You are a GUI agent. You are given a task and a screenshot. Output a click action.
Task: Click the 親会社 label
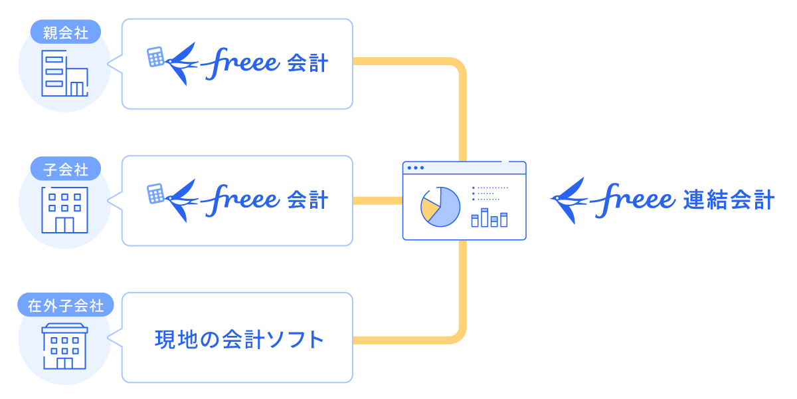[65, 32]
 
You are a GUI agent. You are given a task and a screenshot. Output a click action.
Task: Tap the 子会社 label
[65, 169]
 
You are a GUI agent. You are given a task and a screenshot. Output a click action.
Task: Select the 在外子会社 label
[65, 306]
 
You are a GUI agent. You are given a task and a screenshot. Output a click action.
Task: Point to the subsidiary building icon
[64, 209]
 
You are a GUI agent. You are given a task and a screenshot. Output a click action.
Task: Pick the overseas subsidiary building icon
[64, 346]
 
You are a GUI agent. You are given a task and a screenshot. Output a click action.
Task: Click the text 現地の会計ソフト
[239, 339]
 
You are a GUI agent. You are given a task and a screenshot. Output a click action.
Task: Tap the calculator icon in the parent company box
[155, 57]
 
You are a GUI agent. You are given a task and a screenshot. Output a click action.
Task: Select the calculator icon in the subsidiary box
[155, 194]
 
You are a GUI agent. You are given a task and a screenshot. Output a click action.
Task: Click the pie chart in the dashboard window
[440, 205]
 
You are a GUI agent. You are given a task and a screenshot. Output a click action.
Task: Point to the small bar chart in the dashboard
[489, 217]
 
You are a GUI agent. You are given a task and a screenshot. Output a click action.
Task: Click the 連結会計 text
[729, 200]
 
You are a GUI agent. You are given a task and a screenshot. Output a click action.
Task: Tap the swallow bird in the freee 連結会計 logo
[568, 199]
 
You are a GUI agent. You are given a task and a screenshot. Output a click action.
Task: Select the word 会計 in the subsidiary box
[308, 200]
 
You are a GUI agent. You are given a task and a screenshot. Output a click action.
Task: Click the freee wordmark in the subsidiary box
[240, 200]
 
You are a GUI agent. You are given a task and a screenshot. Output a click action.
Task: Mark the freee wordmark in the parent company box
[240, 64]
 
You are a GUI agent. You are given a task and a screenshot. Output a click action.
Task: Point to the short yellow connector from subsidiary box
[377, 200]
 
